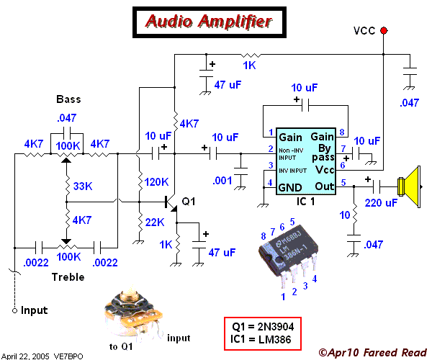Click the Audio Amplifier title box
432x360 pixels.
(209, 22)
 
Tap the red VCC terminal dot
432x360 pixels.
(383, 30)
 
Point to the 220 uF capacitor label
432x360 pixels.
(382, 203)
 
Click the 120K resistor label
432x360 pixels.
(156, 181)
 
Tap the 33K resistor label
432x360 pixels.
(84, 186)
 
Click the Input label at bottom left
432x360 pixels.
(34, 310)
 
